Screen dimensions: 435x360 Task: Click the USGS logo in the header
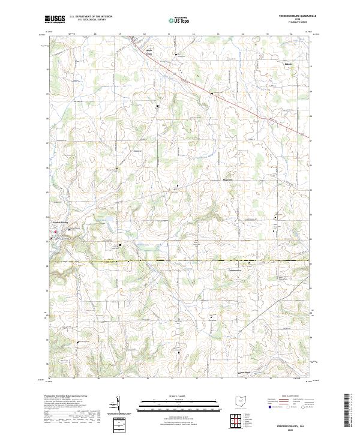(x=55, y=19)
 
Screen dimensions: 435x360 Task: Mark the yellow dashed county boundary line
(x=180, y=261)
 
